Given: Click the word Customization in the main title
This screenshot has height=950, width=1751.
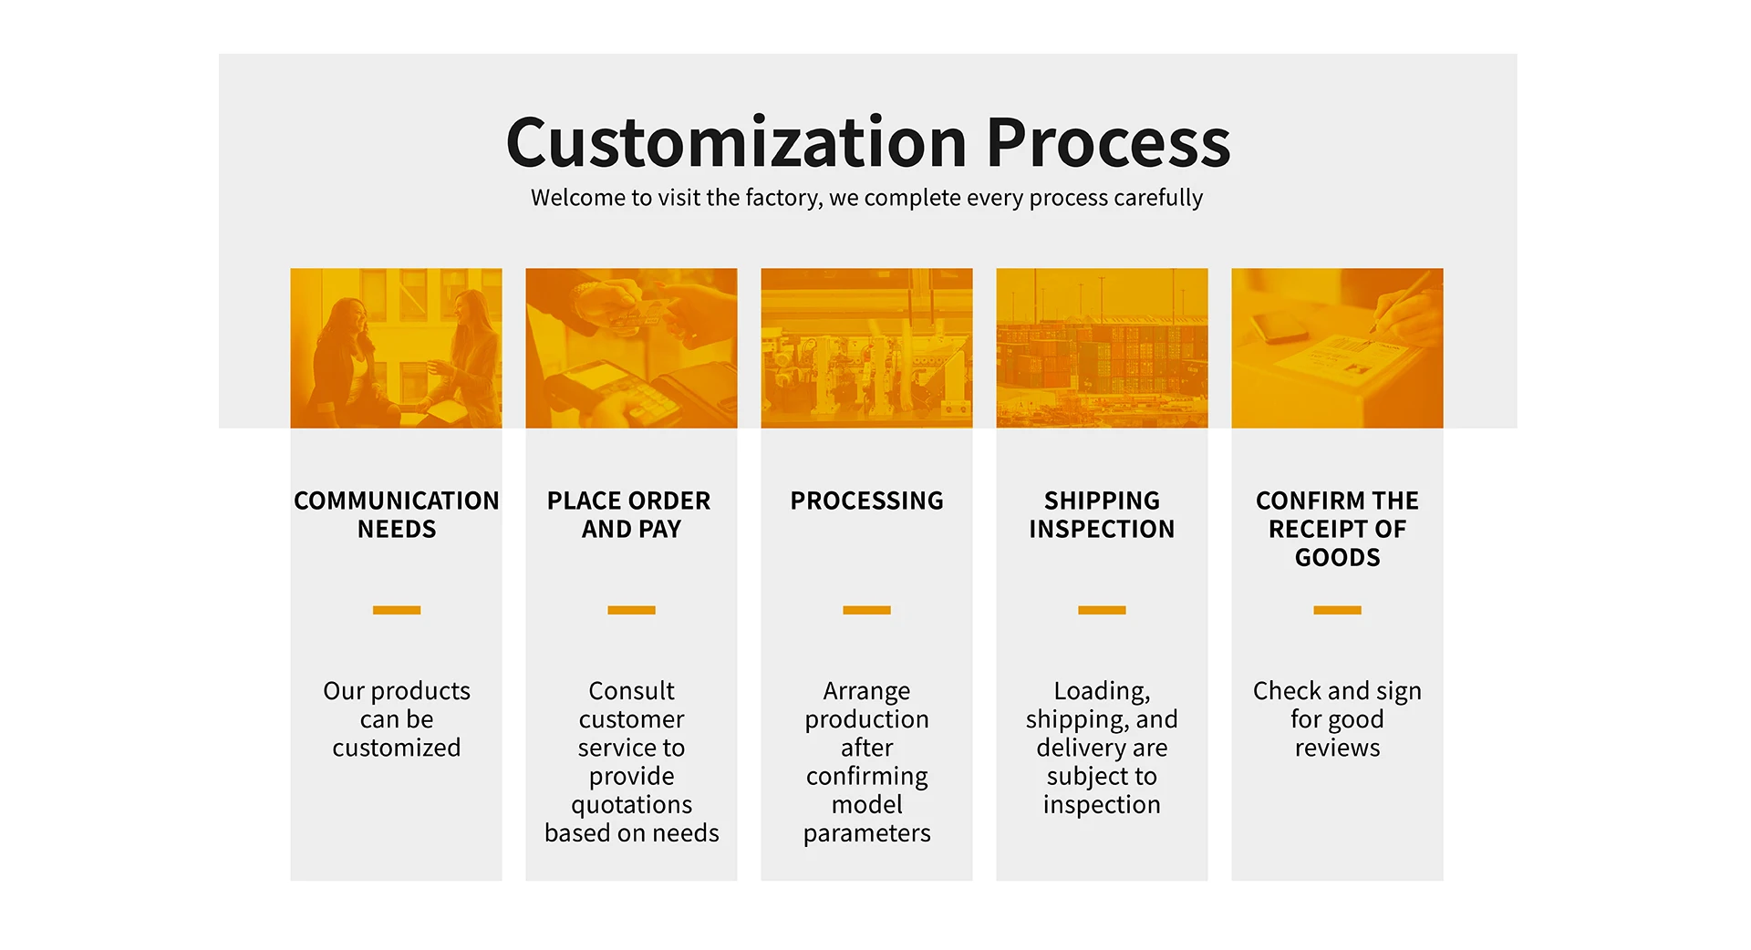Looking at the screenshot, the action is click(735, 143).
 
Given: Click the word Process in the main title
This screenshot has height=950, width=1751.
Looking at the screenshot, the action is click(1108, 143).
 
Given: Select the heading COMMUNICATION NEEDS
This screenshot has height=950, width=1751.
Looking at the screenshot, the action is click(396, 514).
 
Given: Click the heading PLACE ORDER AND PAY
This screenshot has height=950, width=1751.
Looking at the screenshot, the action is click(630, 514).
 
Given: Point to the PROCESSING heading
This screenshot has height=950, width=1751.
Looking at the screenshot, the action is click(866, 501).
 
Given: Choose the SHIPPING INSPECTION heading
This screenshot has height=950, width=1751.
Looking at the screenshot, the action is click(1102, 514).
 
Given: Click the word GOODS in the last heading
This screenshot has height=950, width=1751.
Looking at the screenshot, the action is click(1337, 557).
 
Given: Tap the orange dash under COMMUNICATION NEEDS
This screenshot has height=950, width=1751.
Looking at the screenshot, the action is click(396, 610).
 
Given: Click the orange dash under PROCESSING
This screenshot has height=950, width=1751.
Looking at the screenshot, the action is click(866, 610).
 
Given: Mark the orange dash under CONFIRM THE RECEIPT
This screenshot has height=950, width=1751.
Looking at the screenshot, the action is click(1337, 610).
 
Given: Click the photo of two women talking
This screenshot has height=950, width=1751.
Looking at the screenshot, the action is click(396, 347).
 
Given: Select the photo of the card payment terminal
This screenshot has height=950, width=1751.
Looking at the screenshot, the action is click(630, 347).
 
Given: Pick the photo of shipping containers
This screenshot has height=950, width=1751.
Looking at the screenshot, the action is click(1102, 347).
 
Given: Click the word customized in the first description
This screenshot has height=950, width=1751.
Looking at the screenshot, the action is click(396, 748).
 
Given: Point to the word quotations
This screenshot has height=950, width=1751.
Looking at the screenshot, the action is click(631, 805).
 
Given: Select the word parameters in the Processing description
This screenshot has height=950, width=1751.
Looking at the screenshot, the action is click(866, 833).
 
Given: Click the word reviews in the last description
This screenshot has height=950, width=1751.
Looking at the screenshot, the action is click(1337, 748).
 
